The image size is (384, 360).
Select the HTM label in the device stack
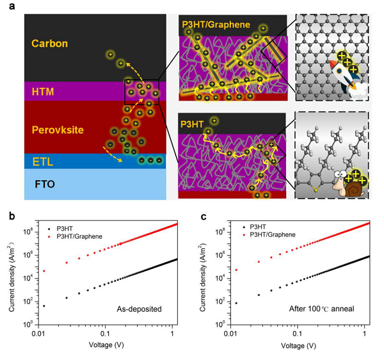click(x=43, y=92)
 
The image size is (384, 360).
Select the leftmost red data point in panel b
click(x=44, y=271)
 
